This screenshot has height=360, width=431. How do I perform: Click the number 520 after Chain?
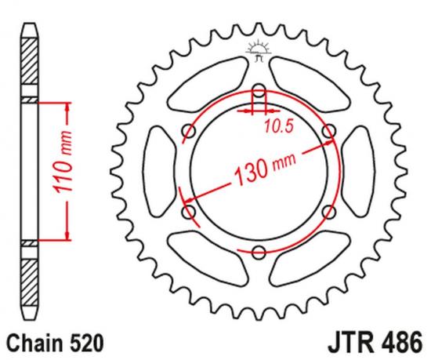(81, 343)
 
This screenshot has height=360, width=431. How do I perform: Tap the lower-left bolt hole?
(187, 210)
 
